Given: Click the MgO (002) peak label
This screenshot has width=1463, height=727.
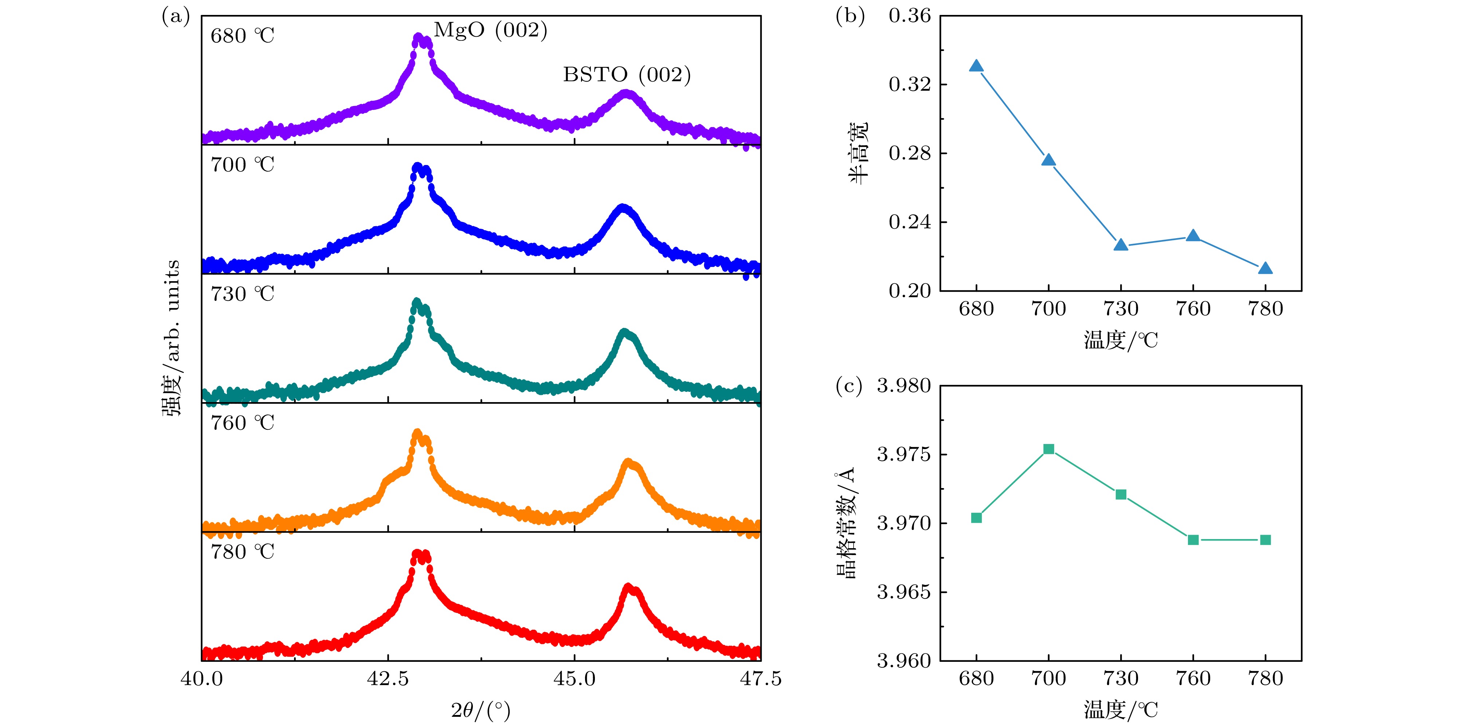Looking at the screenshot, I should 490,30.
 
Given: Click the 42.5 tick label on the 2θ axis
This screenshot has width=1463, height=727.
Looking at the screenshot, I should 388,679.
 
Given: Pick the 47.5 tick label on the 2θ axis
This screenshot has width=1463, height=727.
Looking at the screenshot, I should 761,679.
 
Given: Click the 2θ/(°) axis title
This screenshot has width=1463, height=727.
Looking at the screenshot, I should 481,710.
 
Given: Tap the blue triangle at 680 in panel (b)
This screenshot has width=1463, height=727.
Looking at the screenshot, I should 976,66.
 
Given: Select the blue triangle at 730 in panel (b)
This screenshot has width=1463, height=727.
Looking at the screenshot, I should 1121,245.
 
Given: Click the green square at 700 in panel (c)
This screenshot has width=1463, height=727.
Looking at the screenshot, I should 1048,449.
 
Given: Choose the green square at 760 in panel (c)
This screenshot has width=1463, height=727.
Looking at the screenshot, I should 1193,539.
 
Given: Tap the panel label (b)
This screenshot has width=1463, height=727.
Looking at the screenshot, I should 850,16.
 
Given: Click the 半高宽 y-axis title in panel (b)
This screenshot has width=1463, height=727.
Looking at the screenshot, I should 859,153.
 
